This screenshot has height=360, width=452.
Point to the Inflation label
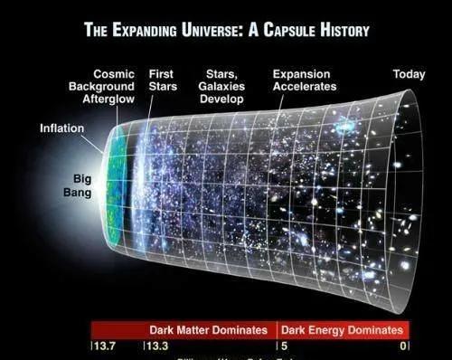point(61,128)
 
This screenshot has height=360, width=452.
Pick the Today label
point(409,73)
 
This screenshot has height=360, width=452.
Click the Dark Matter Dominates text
point(209,330)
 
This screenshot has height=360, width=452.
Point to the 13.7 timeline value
point(101,346)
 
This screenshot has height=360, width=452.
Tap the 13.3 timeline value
point(157,346)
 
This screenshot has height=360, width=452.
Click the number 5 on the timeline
point(282,346)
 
